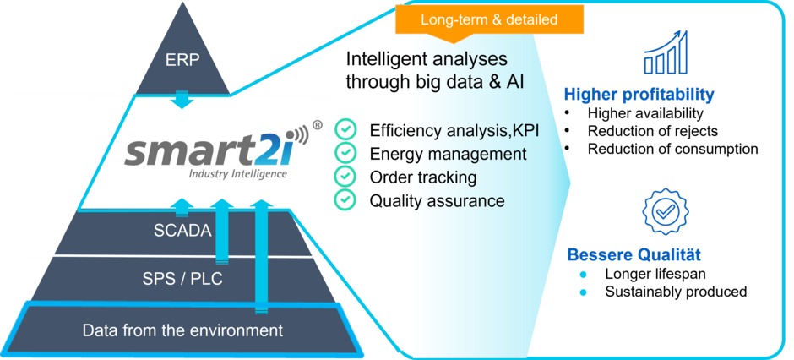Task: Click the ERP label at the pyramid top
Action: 182,60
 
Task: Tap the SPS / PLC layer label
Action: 182,279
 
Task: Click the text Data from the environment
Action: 182,330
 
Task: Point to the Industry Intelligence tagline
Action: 237,174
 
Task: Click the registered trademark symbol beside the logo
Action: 318,125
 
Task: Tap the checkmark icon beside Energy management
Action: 345,152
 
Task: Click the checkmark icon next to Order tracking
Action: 345,177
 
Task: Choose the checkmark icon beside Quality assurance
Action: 345,199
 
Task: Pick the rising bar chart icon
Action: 666,52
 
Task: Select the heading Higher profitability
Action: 639,94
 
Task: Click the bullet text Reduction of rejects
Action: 653,131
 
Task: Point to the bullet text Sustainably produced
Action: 676,292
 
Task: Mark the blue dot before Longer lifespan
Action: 584,275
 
